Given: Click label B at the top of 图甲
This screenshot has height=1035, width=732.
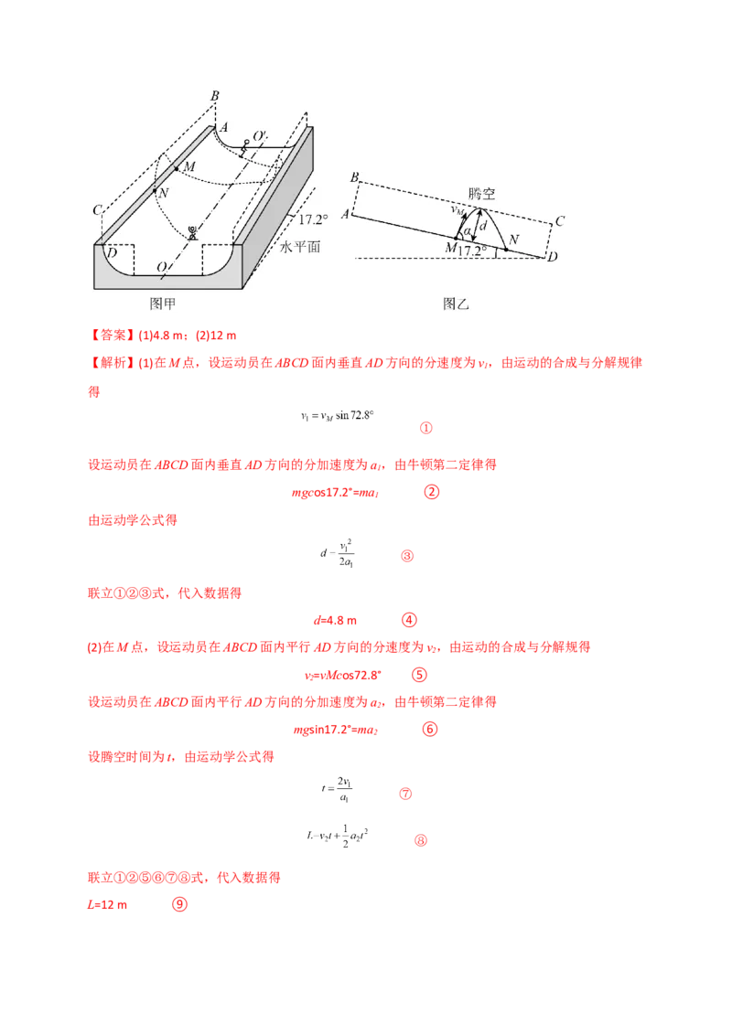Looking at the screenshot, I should point(214,95).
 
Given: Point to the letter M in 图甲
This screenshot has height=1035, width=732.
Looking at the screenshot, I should point(189,167).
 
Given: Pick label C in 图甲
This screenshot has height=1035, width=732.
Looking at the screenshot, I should point(97,210).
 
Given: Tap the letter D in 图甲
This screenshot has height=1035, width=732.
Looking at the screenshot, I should point(111,252).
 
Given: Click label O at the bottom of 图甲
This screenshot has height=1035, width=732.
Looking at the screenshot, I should point(161,267).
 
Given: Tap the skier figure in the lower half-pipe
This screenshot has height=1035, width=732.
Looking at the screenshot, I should point(192,232).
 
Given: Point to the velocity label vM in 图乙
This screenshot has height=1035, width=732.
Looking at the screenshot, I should point(457,210).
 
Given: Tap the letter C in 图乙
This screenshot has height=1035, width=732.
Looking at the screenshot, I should point(559,220).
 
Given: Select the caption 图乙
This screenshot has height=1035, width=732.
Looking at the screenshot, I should point(455,303).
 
